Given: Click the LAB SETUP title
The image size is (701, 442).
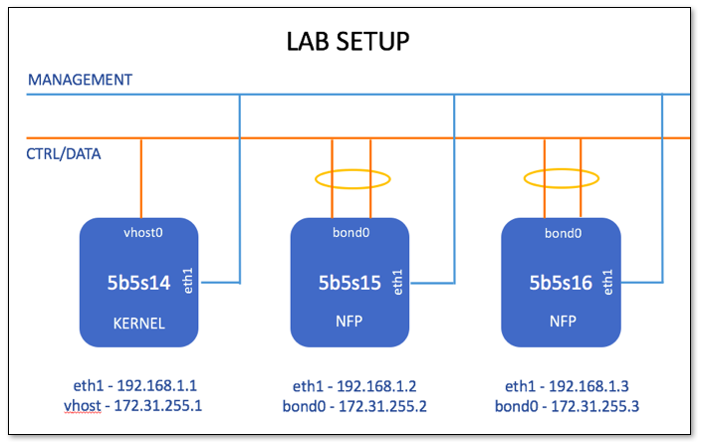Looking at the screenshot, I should coord(349,42).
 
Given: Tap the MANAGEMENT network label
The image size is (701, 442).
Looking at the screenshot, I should coord(80,80).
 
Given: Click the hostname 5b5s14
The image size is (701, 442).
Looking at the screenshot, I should coord(138,283).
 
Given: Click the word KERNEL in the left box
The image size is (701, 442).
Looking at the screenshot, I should coord(138,324).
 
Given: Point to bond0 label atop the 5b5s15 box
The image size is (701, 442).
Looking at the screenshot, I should coord(350,233).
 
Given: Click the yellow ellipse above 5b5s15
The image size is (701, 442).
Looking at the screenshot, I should coord(350,180).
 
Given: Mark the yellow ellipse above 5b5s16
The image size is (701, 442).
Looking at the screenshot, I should coord(562,180).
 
